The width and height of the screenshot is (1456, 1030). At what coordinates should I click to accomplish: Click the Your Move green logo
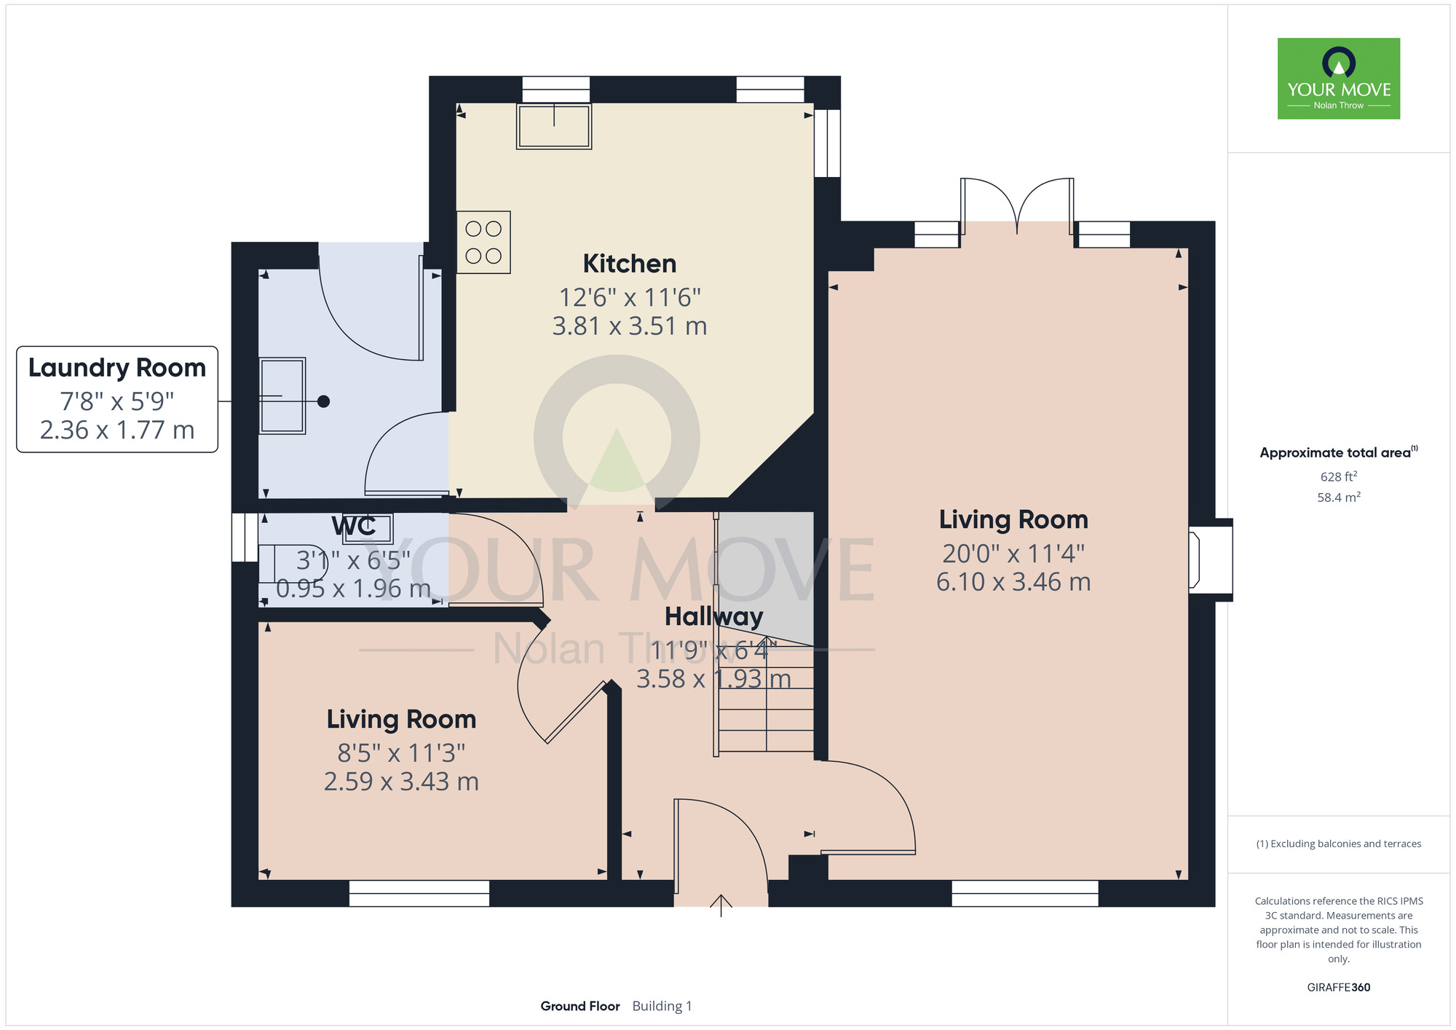click(x=1339, y=79)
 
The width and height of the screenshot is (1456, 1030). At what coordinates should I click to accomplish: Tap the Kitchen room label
click(x=630, y=264)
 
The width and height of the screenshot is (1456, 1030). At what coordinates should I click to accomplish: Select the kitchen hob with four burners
click(x=483, y=243)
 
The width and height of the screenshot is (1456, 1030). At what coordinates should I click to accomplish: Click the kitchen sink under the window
click(x=554, y=127)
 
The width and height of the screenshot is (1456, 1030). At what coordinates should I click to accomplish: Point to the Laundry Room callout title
click(x=117, y=368)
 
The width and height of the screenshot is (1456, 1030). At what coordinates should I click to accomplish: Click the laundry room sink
click(x=282, y=396)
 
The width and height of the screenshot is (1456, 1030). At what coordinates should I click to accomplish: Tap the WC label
click(x=354, y=526)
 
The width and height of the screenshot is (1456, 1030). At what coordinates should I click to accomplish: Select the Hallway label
click(x=713, y=617)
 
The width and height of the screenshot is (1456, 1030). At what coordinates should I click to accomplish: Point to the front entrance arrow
click(x=721, y=905)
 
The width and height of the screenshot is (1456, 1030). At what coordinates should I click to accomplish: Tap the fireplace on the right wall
click(x=1211, y=559)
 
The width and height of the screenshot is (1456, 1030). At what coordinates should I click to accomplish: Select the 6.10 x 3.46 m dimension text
click(x=1013, y=582)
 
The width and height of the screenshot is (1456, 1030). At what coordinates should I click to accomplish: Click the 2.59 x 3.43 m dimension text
click(x=401, y=782)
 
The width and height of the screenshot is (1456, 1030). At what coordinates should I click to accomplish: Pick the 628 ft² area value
click(x=1339, y=477)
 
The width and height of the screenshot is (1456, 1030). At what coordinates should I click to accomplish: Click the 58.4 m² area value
click(x=1339, y=498)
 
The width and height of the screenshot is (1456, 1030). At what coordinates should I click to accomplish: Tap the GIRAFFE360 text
click(x=1339, y=988)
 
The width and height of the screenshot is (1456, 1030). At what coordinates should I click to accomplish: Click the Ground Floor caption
click(x=580, y=1006)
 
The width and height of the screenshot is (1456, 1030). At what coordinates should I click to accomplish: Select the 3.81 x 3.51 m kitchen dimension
click(x=630, y=326)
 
